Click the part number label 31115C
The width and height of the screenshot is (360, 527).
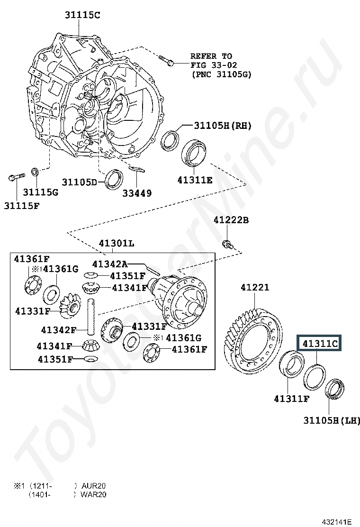(82, 15)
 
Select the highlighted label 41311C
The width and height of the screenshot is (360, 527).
(320, 344)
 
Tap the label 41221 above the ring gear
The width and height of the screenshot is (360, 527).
(255, 288)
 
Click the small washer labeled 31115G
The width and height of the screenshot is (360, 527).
(35, 172)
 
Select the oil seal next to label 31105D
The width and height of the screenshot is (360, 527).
(114, 180)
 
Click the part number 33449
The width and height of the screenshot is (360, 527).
(137, 193)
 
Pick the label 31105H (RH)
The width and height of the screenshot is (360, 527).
(223, 126)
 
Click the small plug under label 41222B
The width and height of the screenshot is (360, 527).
(228, 245)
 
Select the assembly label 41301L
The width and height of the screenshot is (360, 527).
(116, 243)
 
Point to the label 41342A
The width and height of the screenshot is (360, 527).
(110, 264)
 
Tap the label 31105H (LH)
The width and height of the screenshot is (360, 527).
(332, 420)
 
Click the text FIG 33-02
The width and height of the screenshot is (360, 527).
(214, 65)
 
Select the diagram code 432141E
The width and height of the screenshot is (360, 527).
(336, 522)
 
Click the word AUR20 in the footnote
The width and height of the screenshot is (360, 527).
(94, 486)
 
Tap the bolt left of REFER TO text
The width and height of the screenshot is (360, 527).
(166, 60)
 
